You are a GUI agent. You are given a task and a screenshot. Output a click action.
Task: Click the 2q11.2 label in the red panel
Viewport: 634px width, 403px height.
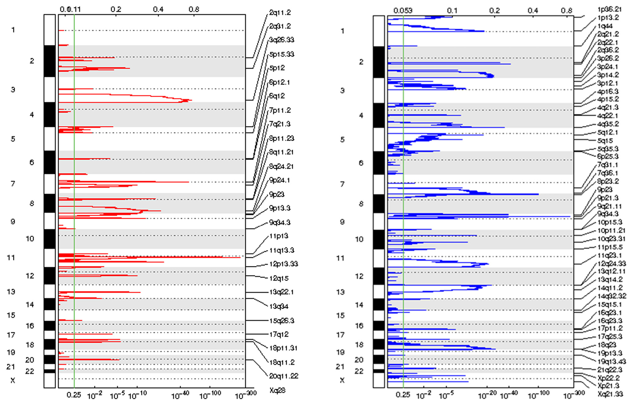pos(280,13)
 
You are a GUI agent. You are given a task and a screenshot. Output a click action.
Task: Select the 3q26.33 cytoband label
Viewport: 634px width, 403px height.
pos(281,40)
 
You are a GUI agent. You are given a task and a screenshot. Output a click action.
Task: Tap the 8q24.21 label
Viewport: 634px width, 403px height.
pos(281,167)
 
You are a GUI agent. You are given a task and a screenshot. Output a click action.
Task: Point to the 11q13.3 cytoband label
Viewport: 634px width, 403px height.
pos(281,250)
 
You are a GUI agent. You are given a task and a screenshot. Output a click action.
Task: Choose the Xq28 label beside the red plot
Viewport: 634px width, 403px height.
pos(277,390)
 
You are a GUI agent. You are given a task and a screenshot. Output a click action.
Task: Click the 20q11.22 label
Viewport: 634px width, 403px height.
pos(284,376)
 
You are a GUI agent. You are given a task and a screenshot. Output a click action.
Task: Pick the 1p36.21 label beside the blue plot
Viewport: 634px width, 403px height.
pos(609,10)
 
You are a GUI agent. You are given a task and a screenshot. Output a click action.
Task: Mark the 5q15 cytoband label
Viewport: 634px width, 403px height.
pos(605,141)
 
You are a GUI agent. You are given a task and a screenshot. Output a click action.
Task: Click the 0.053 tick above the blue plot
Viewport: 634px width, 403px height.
pos(403,11)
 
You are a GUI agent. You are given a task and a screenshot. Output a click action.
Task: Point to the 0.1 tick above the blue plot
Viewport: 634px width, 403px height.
pos(452,11)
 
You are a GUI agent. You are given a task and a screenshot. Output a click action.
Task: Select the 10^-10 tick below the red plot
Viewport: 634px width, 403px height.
pos(137,396)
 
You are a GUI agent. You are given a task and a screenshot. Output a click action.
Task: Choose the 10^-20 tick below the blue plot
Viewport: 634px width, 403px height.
pos(487,396)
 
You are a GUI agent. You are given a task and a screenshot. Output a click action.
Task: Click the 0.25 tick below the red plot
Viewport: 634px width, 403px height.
pos(74,395)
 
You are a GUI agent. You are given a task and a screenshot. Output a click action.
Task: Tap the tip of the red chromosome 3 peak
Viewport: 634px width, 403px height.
pos(191,100)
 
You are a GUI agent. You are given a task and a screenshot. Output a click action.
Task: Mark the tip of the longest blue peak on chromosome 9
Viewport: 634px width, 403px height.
pos(570,216)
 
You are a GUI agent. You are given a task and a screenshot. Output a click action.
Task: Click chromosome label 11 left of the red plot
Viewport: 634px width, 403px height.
pos(11,258)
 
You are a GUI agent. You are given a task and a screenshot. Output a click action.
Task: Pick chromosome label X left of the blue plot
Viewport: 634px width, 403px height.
pos(342,380)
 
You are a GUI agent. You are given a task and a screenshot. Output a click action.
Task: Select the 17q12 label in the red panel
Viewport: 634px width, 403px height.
pos(279,334)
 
